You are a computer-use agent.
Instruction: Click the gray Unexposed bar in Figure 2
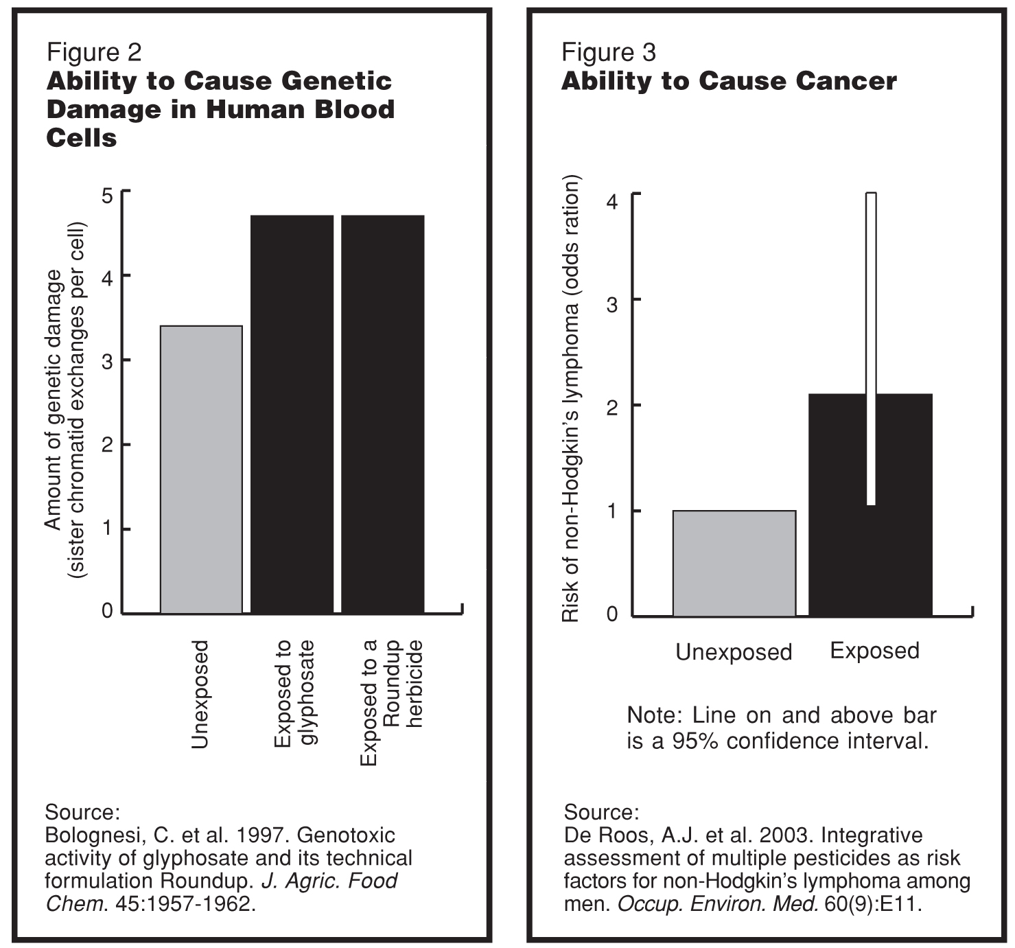tap(201, 470)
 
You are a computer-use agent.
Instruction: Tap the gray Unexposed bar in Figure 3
tap(734, 563)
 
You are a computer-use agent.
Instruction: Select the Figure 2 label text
tap(93, 52)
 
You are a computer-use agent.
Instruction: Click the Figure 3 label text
tap(608, 52)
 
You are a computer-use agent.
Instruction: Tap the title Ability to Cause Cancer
tap(729, 82)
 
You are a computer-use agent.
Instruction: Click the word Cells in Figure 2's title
tap(81, 139)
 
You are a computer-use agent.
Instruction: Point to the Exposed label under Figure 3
tap(874, 650)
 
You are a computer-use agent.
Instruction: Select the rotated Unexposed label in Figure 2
tap(200, 693)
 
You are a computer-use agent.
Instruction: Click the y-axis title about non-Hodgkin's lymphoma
tap(571, 398)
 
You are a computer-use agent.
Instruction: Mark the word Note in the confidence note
tap(651, 715)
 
